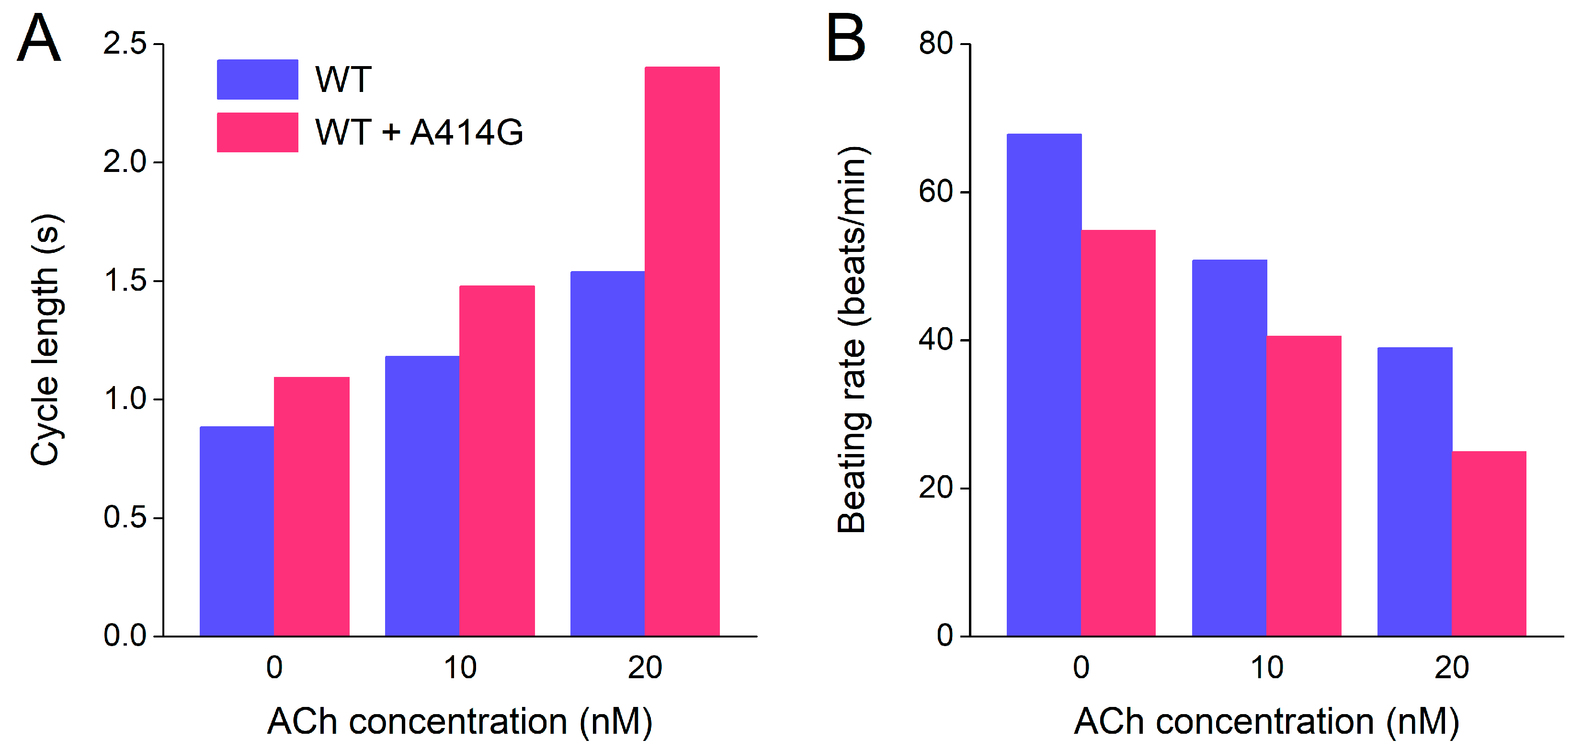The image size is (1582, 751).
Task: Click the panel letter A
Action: pyautogui.click(x=39, y=39)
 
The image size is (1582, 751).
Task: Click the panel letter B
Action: pyautogui.click(x=846, y=39)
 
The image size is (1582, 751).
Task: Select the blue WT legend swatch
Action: pyautogui.click(x=257, y=79)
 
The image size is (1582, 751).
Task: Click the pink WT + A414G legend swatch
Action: pyautogui.click(x=257, y=132)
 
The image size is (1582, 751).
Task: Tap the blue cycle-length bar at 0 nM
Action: pyautogui.click(x=237, y=531)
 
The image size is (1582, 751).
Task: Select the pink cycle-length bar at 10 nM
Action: pyautogui.click(x=497, y=461)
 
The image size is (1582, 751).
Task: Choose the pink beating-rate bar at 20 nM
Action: pyautogui.click(x=1489, y=544)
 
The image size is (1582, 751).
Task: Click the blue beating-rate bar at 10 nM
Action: pyautogui.click(x=1229, y=448)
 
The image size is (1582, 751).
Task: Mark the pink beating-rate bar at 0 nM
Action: pyautogui.click(x=1118, y=433)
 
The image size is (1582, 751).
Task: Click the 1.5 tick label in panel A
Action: pyautogui.click(x=125, y=281)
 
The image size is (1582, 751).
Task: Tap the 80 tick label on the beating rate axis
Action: pyautogui.click(x=935, y=44)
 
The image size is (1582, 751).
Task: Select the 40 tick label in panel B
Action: pyautogui.click(x=935, y=340)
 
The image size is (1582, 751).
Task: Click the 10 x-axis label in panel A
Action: pyautogui.click(x=460, y=668)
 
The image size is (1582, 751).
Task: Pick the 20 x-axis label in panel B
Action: pyautogui.click(x=1452, y=668)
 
